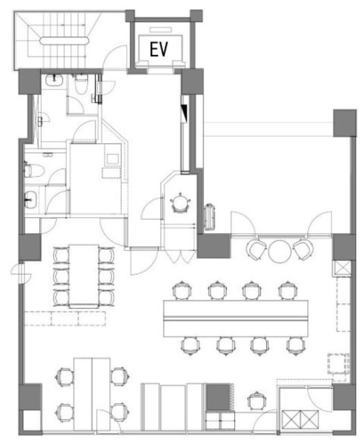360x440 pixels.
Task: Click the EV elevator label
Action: click(x=159, y=49)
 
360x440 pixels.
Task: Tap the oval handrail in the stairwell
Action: click(x=64, y=41)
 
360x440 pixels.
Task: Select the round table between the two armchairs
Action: click(x=279, y=251)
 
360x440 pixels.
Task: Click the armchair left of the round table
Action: click(x=256, y=250)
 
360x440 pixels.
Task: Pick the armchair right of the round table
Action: click(x=303, y=249)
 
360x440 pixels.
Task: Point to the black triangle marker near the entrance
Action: click(x=184, y=112)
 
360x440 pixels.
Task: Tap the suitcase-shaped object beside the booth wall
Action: click(x=209, y=217)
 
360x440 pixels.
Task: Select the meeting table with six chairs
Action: click(x=84, y=276)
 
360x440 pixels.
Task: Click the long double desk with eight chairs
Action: click(x=236, y=319)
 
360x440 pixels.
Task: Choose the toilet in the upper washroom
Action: click(x=82, y=84)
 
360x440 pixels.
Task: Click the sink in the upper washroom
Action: click(x=54, y=80)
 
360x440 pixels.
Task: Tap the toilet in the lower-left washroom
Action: click(x=34, y=171)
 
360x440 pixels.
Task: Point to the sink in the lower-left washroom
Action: click(x=30, y=199)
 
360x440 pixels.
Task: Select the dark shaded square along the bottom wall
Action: click(x=219, y=397)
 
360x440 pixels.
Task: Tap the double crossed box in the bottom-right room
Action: click(x=300, y=419)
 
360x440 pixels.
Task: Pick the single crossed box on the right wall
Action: click(x=341, y=268)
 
